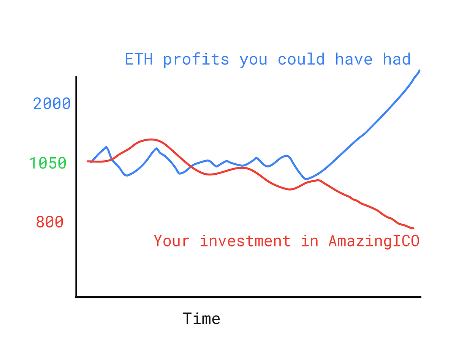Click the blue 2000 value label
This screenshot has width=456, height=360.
coord(52,104)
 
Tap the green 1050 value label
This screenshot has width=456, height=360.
coord(48,163)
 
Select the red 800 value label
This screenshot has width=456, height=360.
coord(50,222)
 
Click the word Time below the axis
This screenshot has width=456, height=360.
coord(201,319)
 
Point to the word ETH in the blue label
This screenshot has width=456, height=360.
coord(139,59)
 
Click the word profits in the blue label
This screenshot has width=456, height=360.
coord(196,60)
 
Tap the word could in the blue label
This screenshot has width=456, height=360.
coord(301,59)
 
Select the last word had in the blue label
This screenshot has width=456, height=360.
coord(397,59)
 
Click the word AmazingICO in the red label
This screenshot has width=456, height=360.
coord(374,241)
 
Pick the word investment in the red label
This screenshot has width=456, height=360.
coord(245,241)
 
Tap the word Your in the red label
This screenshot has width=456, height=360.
coord(171,241)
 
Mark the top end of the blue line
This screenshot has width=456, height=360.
coord(420,71)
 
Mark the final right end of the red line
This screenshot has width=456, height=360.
coord(413,228)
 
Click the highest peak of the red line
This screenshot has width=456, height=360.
coord(151,139)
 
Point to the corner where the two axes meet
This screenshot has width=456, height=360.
coord(76,297)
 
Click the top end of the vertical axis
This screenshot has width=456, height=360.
coord(76,77)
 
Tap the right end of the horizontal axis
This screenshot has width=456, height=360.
coord(421,297)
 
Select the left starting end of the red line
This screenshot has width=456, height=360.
coord(87,161)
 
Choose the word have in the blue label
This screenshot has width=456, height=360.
coord(354,59)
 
